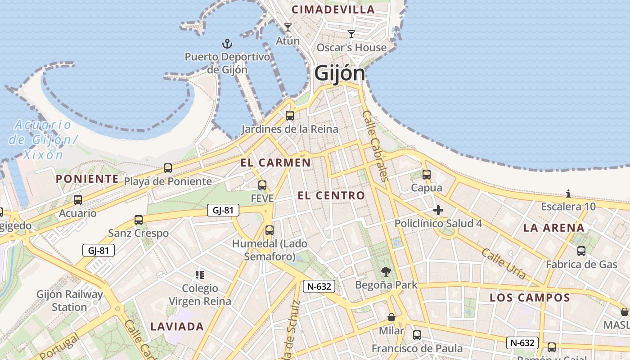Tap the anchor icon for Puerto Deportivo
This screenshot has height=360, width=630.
coord(227,44)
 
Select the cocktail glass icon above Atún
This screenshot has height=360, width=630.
coord(288,27)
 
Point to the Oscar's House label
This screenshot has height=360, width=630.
coord(351,48)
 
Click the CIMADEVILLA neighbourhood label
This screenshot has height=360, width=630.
coord(333,9)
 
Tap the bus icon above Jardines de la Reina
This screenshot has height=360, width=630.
coord(290,116)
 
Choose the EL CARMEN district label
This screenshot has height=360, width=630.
coord(275,163)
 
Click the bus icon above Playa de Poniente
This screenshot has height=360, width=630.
coord(168,168)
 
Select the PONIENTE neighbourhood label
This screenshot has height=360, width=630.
coord(87,179)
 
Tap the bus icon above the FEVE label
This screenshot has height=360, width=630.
coord(262,185)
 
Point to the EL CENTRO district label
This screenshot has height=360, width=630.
coord(331,195)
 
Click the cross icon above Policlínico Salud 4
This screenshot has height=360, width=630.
coord(438,210)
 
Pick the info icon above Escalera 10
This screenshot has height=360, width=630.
coord(568,194)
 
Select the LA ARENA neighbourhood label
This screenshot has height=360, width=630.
coord(554,228)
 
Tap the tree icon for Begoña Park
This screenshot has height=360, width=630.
coord(386,271)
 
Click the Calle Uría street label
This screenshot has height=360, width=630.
coord(503,263)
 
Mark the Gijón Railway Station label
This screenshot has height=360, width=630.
coord(70,301)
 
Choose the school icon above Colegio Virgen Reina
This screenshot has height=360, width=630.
coord(200,274)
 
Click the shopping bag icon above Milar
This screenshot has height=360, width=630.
coord(391,317)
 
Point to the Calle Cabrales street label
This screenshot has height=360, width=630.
coord(375,146)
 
